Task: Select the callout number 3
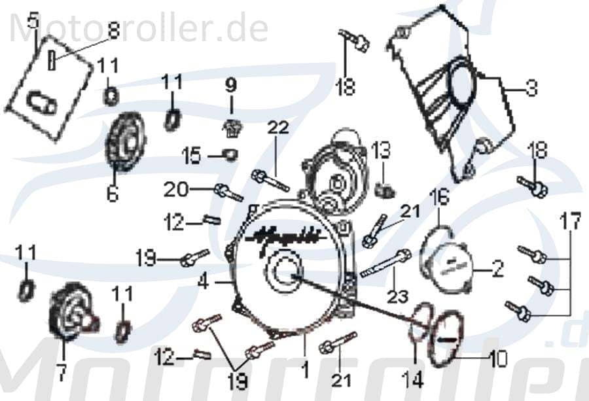point(531,86)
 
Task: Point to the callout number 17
point(570,221)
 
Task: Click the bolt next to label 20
point(228,193)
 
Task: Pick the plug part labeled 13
point(386,190)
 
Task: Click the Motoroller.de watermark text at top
point(137,28)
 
